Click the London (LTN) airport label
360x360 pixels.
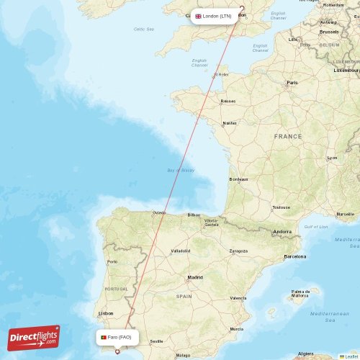(x=214, y=16)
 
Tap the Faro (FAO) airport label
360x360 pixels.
(x=116, y=337)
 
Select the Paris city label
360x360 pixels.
(x=292, y=83)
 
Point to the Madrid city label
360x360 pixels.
(x=195, y=277)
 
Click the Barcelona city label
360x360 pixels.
(x=295, y=256)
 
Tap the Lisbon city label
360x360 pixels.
(x=106, y=313)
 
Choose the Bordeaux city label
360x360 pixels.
(x=238, y=179)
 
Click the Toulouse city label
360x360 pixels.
(x=281, y=207)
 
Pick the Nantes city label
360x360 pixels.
(x=230, y=123)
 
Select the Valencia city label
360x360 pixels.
(x=238, y=297)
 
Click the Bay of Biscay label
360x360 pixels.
(x=181, y=170)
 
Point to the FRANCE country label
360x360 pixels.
(x=288, y=136)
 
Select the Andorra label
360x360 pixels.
(x=282, y=232)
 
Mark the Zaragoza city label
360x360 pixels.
(x=238, y=251)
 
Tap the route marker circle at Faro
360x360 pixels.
(x=117, y=352)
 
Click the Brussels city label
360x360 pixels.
(x=329, y=32)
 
